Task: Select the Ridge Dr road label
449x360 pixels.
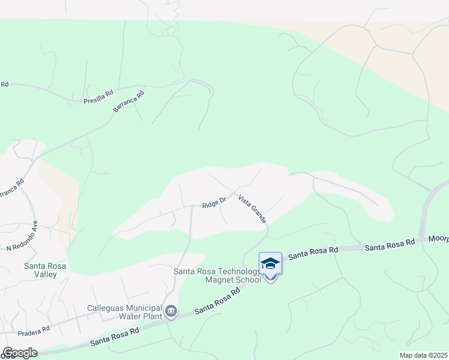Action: [x=214, y=203]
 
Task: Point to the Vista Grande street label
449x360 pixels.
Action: [x=252, y=209]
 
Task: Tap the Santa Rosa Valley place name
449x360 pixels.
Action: [x=40, y=270]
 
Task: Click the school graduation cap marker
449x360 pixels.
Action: [x=270, y=264]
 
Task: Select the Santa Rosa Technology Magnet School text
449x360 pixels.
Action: [x=217, y=275]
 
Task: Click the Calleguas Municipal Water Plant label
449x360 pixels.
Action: [x=125, y=311]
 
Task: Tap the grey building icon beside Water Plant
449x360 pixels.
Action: [x=171, y=310]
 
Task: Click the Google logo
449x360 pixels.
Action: [x=19, y=353]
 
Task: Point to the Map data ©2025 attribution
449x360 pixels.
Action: [x=423, y=355]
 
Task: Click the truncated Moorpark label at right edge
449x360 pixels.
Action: [x=438, y=239]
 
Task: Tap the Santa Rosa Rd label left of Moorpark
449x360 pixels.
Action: [x=390, y=244]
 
